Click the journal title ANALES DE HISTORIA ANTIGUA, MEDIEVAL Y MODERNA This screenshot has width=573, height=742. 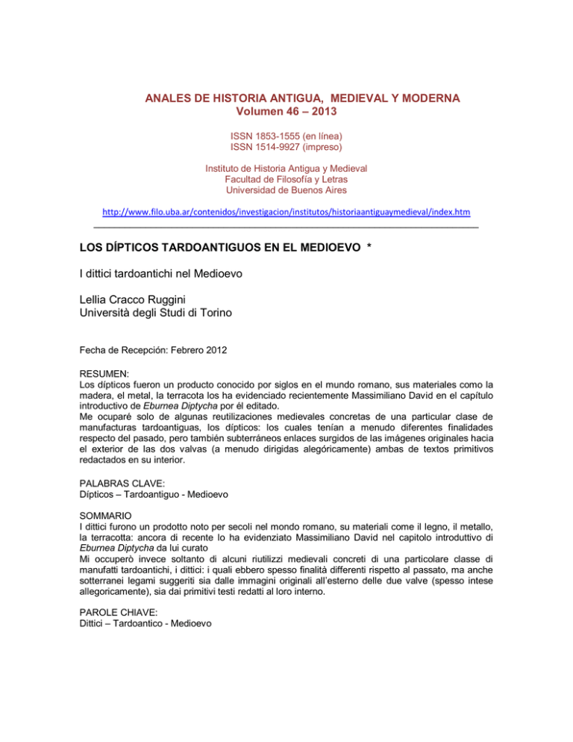pyautogui.click(x=286, y=98)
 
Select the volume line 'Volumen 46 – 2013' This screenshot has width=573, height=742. pyautogui.click(x=286, y=113)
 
